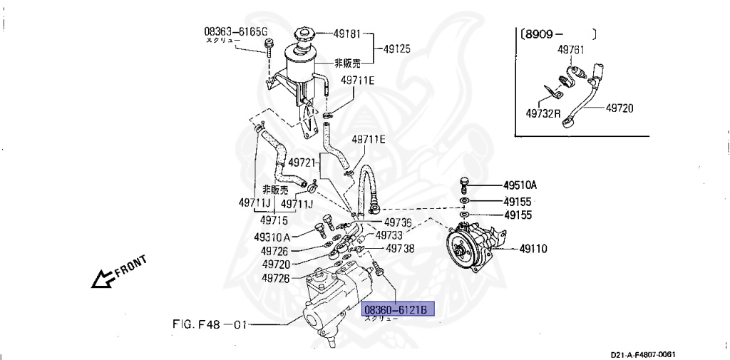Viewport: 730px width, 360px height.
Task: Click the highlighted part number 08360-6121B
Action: click(396, 310)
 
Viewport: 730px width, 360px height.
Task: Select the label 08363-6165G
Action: click(235, 31)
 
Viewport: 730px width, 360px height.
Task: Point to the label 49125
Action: click(397, 49)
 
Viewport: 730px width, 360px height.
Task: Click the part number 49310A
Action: click(272, 237)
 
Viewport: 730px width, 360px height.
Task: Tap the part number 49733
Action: click(389, 235)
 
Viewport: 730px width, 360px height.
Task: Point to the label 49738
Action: click(400, 249)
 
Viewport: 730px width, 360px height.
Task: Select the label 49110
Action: click(533, 249)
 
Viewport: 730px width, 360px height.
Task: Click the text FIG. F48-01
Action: click(210, 324)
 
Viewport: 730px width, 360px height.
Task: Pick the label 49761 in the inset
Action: click(571, 50)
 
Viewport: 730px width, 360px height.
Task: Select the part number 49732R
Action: click(543, 113)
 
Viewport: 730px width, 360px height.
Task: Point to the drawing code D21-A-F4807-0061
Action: click(642, 354)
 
